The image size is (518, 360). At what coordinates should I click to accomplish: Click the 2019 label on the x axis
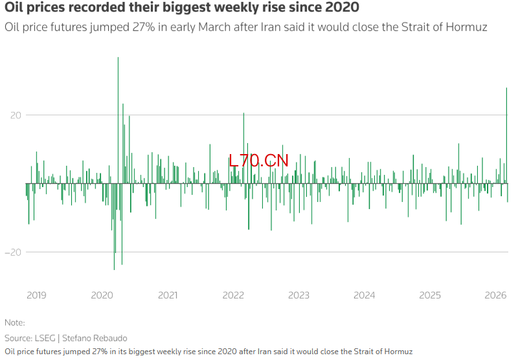36,295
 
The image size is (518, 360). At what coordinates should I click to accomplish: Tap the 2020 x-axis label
102,295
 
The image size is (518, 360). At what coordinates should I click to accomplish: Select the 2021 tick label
168,295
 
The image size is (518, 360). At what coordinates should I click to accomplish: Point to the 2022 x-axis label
233,295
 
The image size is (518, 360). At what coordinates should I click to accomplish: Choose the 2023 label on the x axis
298,295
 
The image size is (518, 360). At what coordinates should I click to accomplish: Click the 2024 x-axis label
365,295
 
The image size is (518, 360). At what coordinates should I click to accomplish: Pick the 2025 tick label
430,295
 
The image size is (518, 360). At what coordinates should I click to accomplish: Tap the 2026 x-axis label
495,295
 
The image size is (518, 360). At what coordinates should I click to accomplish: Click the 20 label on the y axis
16,115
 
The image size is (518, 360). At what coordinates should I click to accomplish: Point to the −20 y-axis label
14,253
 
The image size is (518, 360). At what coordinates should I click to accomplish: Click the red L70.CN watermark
259,161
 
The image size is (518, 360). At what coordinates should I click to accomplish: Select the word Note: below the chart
14,322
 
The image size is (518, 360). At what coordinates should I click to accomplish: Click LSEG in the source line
45,338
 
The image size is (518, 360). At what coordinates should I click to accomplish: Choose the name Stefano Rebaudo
95,338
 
